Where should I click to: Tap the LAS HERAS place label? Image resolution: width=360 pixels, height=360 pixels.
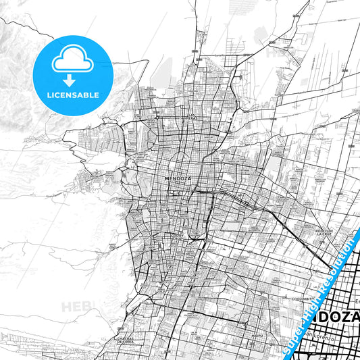click(x=195, y=115)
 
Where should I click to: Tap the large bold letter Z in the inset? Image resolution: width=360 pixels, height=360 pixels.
click(x=351, y=317)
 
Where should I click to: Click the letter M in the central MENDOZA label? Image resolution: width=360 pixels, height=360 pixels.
click(x=166, y=178)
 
